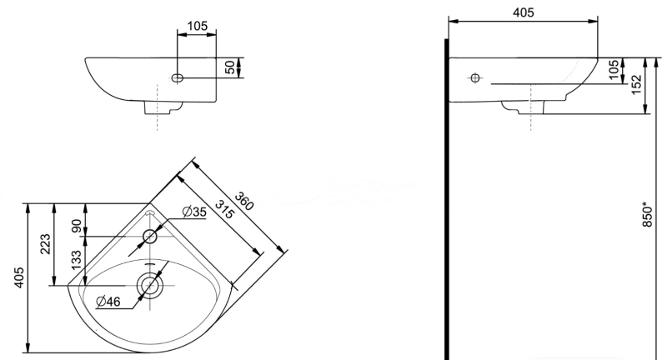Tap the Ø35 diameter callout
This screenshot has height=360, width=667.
pyautogui.click(x=193, y=212)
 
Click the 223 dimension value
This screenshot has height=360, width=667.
pyautogui.click(x=47, y=243)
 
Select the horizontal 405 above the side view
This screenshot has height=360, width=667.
pyautogui.click(x=523, y=12)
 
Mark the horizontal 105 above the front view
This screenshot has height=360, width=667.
pyautogui.click(x=197, y=26)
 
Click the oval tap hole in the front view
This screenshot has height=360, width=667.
pyautogui.click(x=178, y=77)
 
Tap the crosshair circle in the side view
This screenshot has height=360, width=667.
pyautogui.click(x=474, y=78)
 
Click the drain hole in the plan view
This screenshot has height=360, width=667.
pyautogui.click(x=150, y=286)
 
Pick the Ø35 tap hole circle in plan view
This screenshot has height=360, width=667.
pyautogui.click(x=150, y=237)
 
